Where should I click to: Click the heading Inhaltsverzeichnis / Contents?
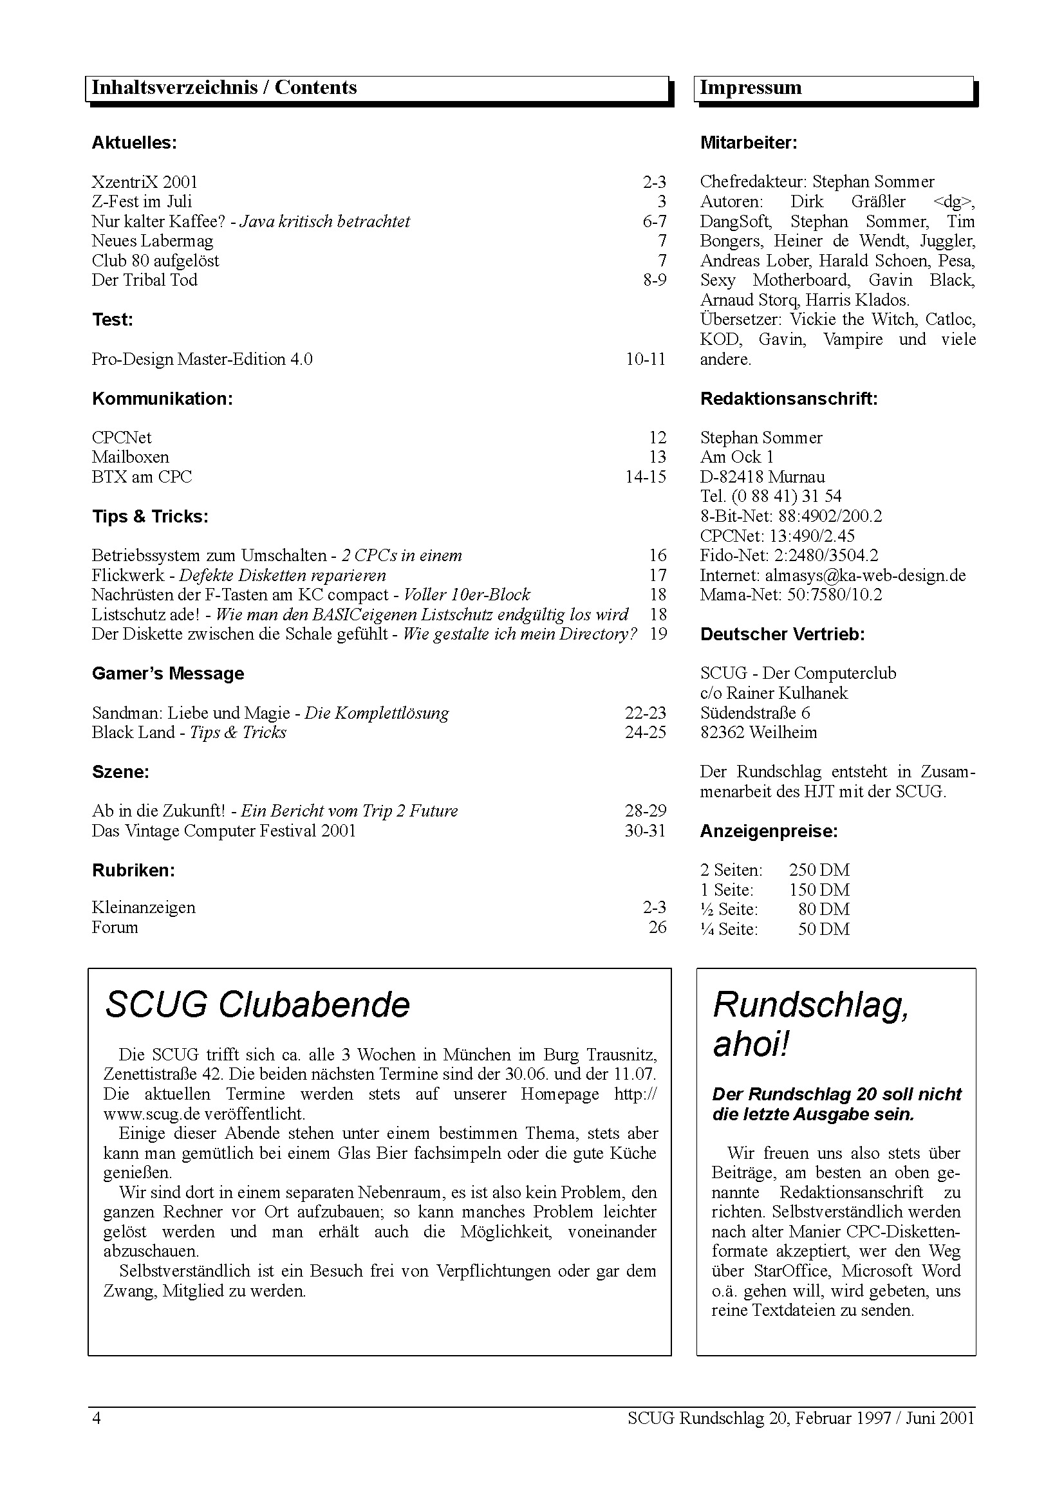[x=223, y=88]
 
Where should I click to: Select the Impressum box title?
[x=751, y=88]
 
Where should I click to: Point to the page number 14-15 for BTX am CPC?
[x=645, y=477]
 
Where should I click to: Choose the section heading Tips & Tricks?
[x=149, y=517]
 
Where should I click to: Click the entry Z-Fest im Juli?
[x=142, y=202]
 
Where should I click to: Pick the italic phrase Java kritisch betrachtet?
[x=324, y=221]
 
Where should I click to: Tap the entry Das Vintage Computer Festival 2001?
[x=223, y=831]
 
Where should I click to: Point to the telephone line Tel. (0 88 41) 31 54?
[x=770, y=497]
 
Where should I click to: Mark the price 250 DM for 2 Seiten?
[x=819, y=871]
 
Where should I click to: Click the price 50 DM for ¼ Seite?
[x=823, y=930]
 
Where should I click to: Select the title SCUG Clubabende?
[x=257, y=1005]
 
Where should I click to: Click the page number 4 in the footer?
[x=97, y=1419]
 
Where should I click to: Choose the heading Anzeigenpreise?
[x=769, y=832]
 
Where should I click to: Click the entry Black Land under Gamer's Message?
[x=133, y=733]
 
